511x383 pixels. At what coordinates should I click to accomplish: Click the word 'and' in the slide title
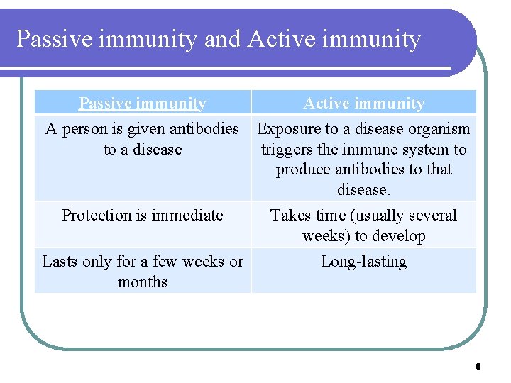pyautogui.click(x=222, y=39)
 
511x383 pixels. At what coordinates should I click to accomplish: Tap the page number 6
pyautogui.click(x=478, y=367)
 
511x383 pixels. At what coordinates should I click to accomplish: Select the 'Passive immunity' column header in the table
pyautogui.click(x=143, y=104)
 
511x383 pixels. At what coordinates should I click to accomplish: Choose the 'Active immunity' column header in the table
pyautogui.click(x=363, y=104)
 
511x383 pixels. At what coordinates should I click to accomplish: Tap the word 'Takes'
pyautogui.click(x=290, y=216)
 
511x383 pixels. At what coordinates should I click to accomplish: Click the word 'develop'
pyautogui.click(x=397, y=236)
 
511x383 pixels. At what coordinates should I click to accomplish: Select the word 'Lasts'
pyautogui.click(x=60, y=262)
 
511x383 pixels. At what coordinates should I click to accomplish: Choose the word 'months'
pyautogui.click(x=143, y=282)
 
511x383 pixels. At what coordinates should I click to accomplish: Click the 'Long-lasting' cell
pyautogui.click(x=363, y=262)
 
